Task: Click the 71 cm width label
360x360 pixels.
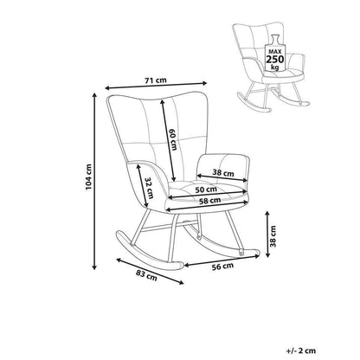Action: tap(156, 80)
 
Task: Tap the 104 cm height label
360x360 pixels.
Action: tap(88, 177)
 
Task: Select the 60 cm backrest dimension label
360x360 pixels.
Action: tap(172, 139)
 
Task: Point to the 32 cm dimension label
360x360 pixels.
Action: tap(149, 188)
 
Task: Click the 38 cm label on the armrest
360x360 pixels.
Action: tap(223, 173)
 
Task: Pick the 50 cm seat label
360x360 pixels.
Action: tap(206, 190)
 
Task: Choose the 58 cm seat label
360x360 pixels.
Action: tap(209, 200)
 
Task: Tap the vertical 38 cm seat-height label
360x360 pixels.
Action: tap(273, 236)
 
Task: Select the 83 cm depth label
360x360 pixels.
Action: tap(146, 275)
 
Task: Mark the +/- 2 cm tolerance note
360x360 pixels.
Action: tap(301, 350)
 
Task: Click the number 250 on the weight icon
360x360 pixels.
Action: tap(275, 60)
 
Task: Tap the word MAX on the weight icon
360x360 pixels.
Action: tap(275, 52)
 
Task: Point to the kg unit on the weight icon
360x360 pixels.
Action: tap(275, 67)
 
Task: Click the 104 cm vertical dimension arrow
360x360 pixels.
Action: tap(93, 182)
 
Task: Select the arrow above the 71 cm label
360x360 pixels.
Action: tap(156, 86)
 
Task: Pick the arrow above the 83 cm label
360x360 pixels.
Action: tap(150, 271)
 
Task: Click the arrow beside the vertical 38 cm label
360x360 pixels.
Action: tap(267, 234)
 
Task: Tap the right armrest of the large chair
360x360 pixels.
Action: tap(223, 170)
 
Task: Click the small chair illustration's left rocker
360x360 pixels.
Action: tap(254, 102)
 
